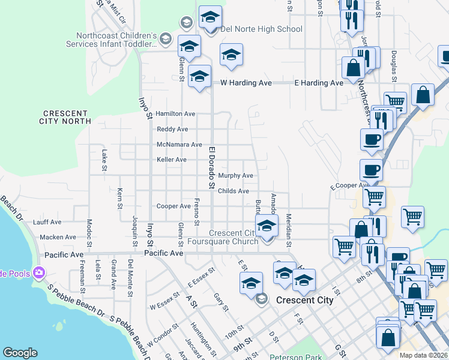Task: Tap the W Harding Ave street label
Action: click(246, 83)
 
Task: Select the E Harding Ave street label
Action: click(318, 83)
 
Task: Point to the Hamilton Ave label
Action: click(175, 113)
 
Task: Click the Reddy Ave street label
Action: click(172, 129)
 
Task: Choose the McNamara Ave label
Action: click(179, 145)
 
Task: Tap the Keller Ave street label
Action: click(172, 160)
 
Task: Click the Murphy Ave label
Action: click(235, 176)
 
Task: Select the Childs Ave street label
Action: click(234, 191)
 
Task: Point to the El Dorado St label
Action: click(211, 167)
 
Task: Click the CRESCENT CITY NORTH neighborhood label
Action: click(67, 117)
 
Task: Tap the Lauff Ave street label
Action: click(47, 222)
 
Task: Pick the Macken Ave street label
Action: click(58, 238)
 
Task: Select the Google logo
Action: click(20, 353)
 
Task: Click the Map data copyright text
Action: click(423, 355)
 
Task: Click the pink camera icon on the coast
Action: click(40, 273)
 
